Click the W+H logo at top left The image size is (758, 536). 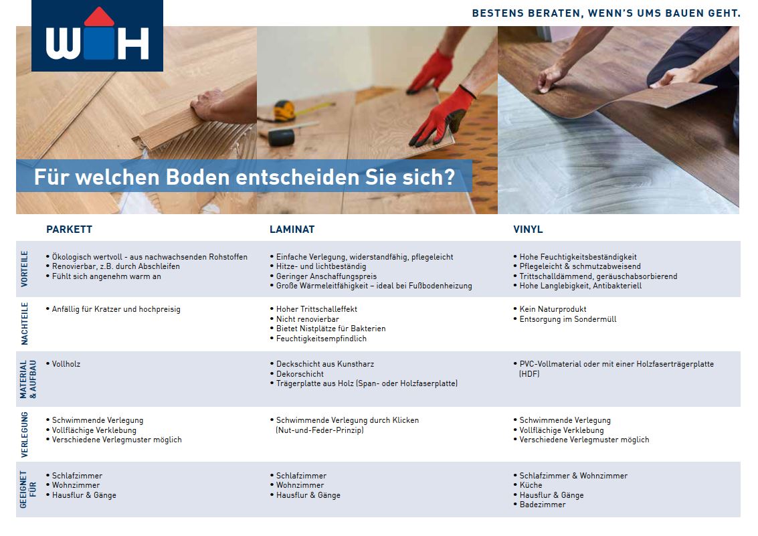pyautogui.click(x=97, y=35)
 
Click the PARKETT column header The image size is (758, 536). pyautogui.click(x=69, y=230)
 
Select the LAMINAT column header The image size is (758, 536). pyautogui.click(x=292, y=230)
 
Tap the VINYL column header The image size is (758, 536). pyautogui.click(x=528, y=230)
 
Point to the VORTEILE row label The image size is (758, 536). pyautogui.click(x=25, y=269)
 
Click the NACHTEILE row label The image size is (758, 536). pyautogui.click(x=25, y=324)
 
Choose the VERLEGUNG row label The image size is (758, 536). pyautogui.click(x=25, y=434)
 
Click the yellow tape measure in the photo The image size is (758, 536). pyautogui.click(x=285, y=110)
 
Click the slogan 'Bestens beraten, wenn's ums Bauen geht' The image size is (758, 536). pyautogui.click(x=606, y=13)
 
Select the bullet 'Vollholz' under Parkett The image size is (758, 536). pyautogui.click(x=66, y=364)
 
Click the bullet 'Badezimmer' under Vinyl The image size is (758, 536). pyautogui.click(x=543, y=505)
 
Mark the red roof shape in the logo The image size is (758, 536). pyautogui.click(x=99, y=17)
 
